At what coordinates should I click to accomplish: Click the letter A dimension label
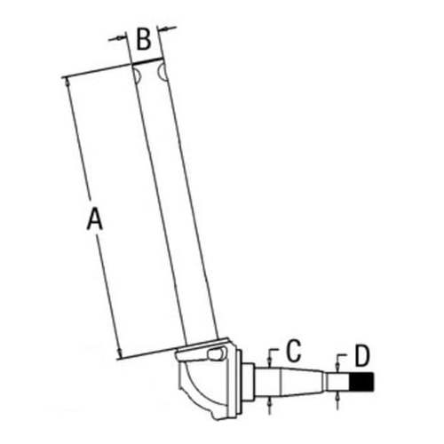(x=95, y=218)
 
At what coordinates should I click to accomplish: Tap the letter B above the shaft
(x=143, y=39)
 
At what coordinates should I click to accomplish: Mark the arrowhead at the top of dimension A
(x=67, y=82)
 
